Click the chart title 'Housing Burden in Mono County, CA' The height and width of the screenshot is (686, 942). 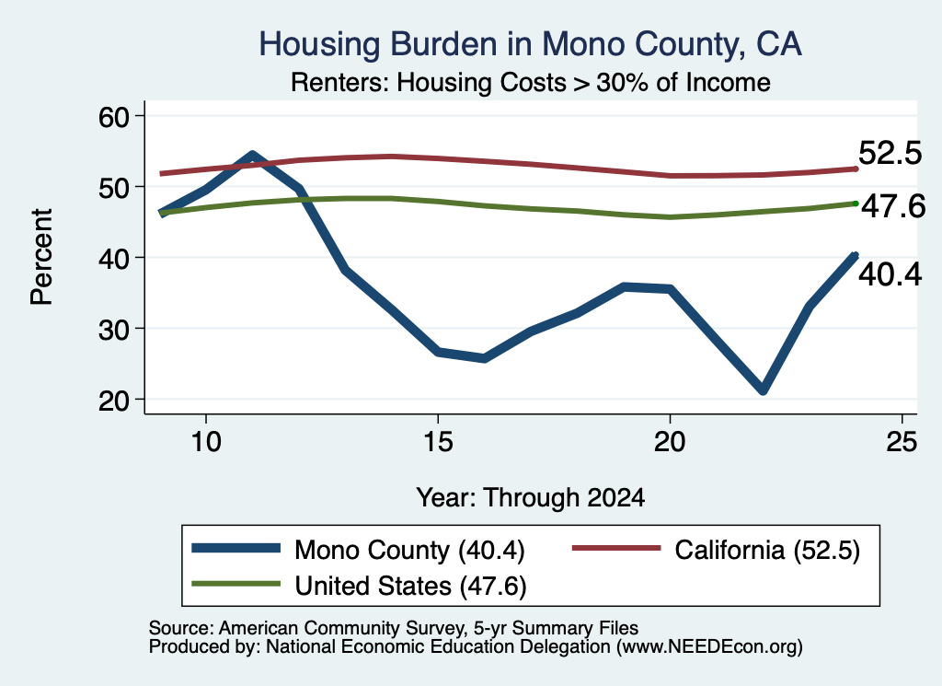[x=530, y=44]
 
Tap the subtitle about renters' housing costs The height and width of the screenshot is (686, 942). [x=531, y=82]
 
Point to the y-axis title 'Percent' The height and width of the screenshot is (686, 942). [x=41, y=257]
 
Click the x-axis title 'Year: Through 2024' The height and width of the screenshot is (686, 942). [x=531, y=498]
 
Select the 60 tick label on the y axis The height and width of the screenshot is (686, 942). [x=114, y=116]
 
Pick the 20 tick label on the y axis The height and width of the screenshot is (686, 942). [x=114, y=400]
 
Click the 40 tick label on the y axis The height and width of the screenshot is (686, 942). [x=114, y=258]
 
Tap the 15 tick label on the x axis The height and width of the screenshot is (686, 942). [x=438, y=442]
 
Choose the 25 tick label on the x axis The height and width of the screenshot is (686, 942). [x=902, y=442]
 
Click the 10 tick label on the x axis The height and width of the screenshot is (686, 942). [x=206, y=442]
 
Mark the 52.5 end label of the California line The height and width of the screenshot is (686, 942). [x=890, y=153]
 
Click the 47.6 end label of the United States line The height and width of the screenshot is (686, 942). [x=893, y=207]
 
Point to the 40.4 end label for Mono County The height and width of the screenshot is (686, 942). [x=890, y=275]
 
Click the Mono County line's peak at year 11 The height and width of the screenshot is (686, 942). [x=252, y=155]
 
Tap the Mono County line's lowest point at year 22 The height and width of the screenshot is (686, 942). [x=763, y=390]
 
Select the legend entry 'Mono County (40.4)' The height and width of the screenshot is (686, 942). [x=359, y=550]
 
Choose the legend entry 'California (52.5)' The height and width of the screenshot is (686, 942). [x=716, y=550]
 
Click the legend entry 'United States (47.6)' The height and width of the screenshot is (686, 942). [x=360, y=586]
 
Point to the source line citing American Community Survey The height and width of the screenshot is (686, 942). [x=394, y=628]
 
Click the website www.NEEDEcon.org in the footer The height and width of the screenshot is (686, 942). [x=708, y=647]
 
